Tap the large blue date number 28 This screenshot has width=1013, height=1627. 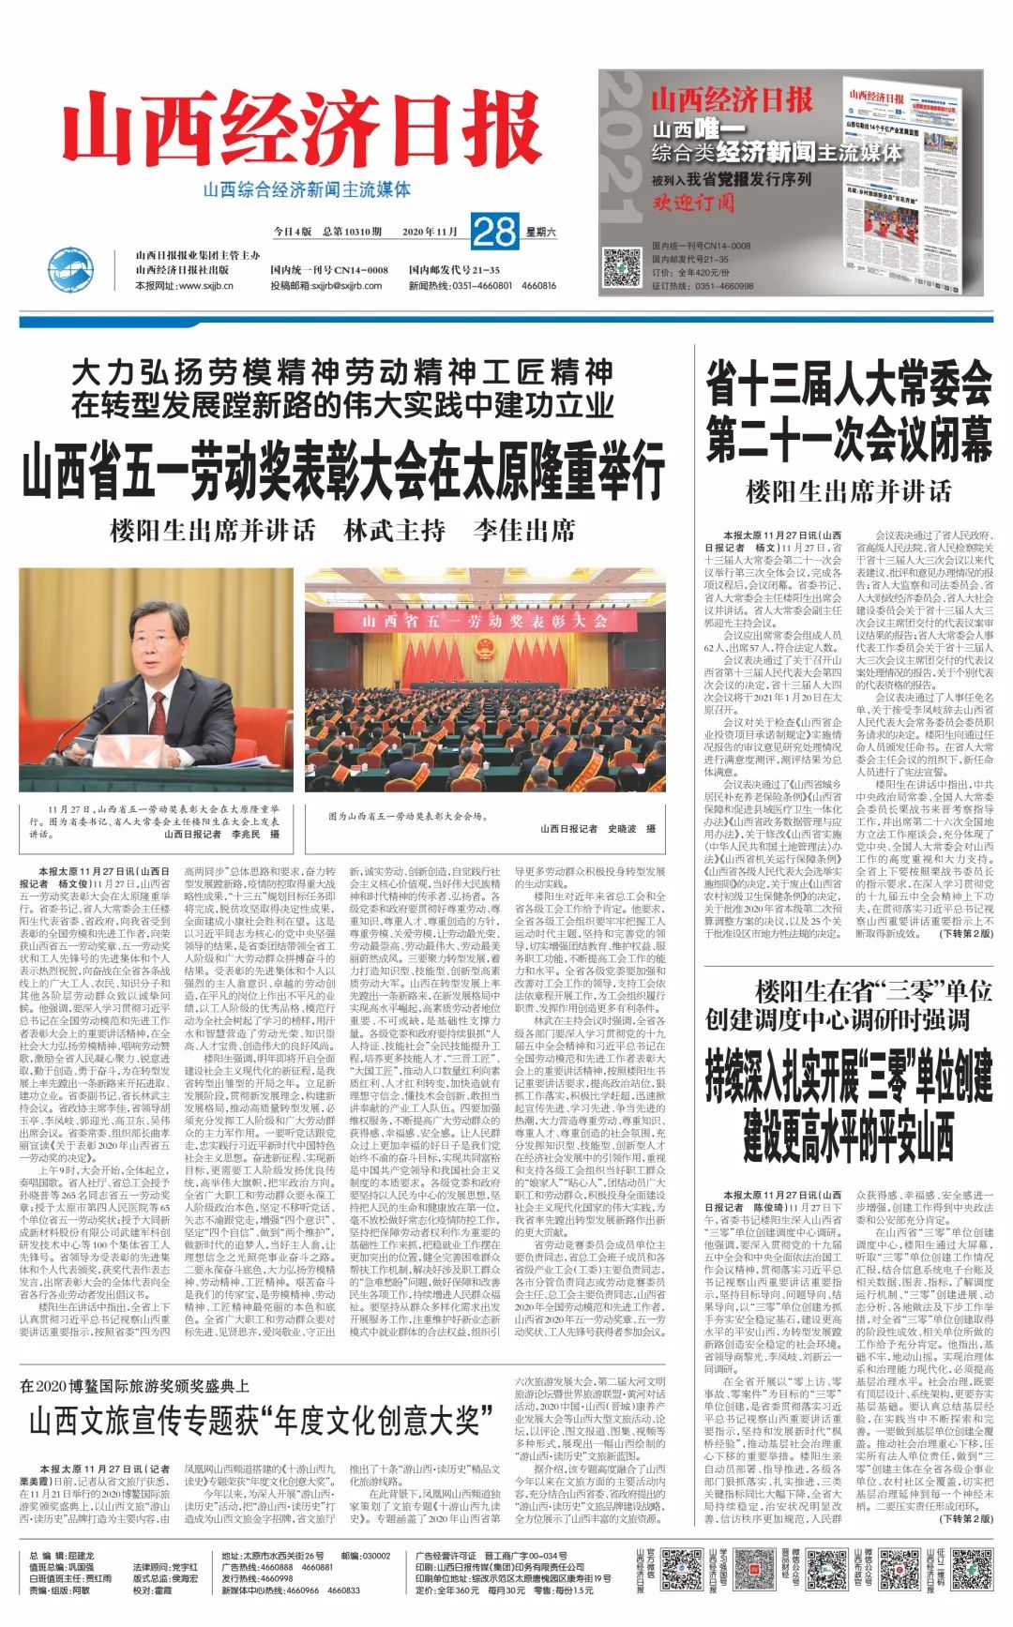click(x=494, y=231)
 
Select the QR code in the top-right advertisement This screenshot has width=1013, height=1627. click(x=621, y=267)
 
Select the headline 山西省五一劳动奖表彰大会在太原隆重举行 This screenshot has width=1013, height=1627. click(x=342, y=471)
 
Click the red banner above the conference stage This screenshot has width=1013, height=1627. click(x=485, y=621)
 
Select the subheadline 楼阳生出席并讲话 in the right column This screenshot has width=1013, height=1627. click(x=848, y=491)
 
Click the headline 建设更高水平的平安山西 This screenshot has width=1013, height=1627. click(x=848, y=1136)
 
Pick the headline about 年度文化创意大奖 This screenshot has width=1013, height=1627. click(x=254, y=1421)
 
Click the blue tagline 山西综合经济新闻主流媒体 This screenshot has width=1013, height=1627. click(x=307, y=189)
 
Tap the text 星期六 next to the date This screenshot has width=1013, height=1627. click(x=540, y=232)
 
